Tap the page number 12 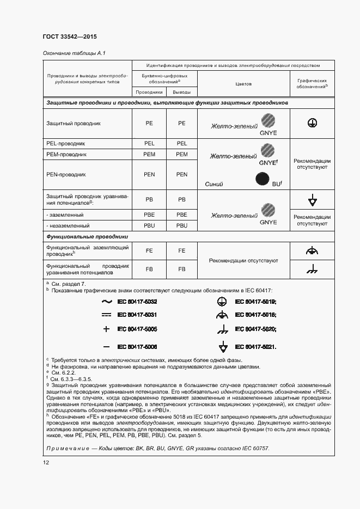(x=46, y=463)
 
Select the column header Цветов (x=243, y=84)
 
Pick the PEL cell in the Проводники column (x=149, y=143)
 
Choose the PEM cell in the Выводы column (x=181, y=155)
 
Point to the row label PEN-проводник (x=63, y=175)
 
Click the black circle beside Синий (x=264, y=179)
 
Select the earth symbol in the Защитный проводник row (x=312, y=124)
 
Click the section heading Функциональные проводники (x=87, y=237)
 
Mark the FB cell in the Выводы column (x=181, y=269)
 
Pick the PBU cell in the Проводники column (x=149, y=225)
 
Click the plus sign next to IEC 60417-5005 (x=106, y=329)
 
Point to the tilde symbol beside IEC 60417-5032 (x=106, y=301)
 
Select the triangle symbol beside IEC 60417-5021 (x=222, y=347)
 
